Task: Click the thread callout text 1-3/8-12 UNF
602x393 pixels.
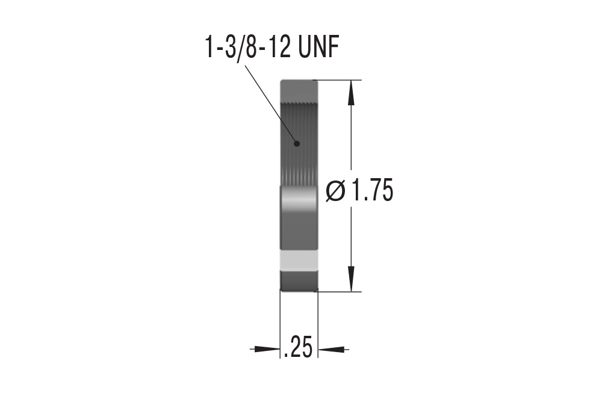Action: pos(272,48)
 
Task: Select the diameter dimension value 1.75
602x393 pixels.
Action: pos(372,190)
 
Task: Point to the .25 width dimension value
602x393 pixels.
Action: pos(299,347)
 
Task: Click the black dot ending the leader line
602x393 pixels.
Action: pos(296,144)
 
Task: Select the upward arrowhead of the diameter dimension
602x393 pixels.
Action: pos(350,93)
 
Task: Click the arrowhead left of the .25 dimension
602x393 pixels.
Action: pos(265,349)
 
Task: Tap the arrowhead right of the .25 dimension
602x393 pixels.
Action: pos(334,349)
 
